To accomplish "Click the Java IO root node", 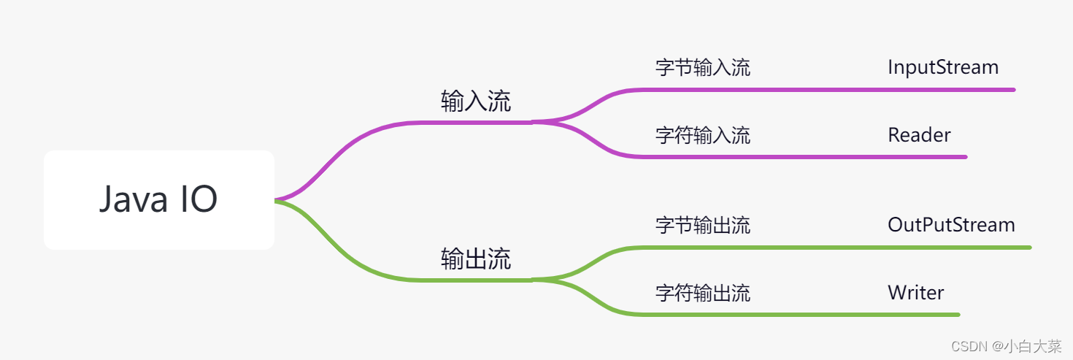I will pyautogui.click(x=158, y=199).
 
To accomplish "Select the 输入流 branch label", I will pyautogui.click(x=476, y=102).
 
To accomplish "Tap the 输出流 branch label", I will pyautogui.click(x=476, y=259).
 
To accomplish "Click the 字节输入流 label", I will pyautogui.click(x=702, y=68).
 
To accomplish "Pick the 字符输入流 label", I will pyautogui.click(x=702, y=135).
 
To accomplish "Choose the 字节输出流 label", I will pyautogui.click(x=702, y=225).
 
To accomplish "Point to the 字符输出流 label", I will pyautogui.click(x=702, y=293).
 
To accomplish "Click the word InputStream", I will pyautogui.click(x=942, y=67).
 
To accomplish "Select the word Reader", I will pyautogui.click(x=919, y=135).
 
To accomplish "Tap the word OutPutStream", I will pyautogui.click(x=951, y=224).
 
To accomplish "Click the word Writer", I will pyautogui.click(x=915, y=293).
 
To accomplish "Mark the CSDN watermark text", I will pyautogui.click(x=971, y=346).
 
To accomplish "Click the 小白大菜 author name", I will pyautogui.click(x=1032, y=346).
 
